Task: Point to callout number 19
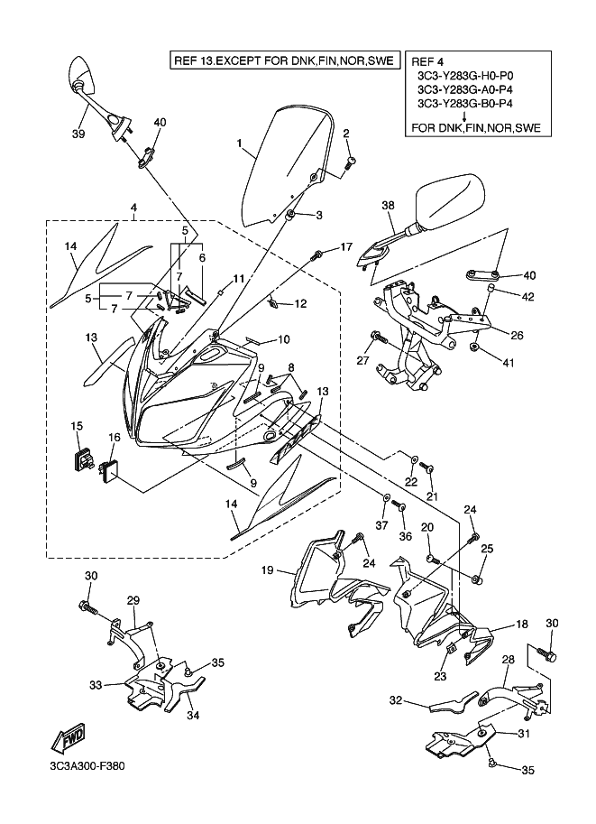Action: point(267,569)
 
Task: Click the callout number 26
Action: point(517,335)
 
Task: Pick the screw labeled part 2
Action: point(351,162)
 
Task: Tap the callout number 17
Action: point(345,246)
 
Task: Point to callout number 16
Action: point(115,437)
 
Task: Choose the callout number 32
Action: point(395,700)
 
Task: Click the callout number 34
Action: point(193,716)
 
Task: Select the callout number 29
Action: point(133,600)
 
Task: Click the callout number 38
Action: point(389,206)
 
